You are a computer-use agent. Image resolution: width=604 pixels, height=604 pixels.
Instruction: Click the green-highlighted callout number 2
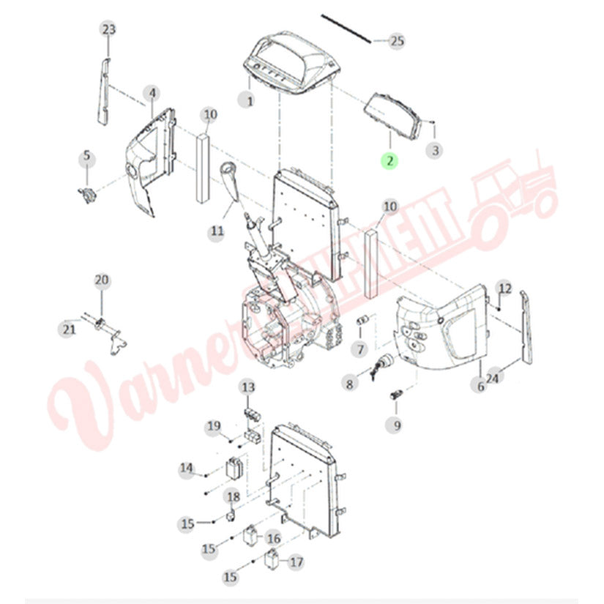point(389,160)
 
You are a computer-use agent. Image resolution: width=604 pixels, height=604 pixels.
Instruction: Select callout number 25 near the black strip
point(397,40)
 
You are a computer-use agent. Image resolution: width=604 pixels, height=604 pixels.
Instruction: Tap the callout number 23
point(108,29)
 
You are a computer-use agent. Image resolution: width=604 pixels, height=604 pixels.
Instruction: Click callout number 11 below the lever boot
point(217,231)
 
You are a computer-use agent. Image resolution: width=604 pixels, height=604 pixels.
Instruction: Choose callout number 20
point(102,280)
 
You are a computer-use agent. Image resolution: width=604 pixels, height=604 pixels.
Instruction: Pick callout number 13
point(248,387)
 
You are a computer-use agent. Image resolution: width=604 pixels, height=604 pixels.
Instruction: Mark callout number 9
point(395,425)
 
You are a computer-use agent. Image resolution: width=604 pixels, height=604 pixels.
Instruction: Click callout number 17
point(296,562)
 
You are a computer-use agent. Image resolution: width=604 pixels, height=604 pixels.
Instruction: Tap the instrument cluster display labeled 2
point(392,117)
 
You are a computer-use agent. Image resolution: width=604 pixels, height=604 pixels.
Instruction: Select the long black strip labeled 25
point(346,29)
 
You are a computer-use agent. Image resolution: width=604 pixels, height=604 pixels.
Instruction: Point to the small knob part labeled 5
point(87,195)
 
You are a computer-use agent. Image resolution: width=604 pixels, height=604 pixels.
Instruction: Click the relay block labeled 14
point(234,467)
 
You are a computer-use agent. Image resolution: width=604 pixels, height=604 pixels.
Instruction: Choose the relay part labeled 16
point(250,536)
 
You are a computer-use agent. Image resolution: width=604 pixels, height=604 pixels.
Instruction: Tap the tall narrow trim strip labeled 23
point(104,92)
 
